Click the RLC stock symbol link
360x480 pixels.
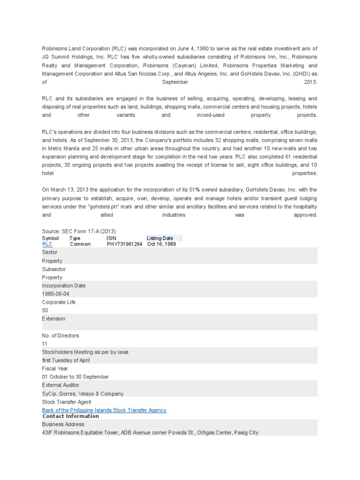point(47,244)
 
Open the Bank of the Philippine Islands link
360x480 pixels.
point(104,410)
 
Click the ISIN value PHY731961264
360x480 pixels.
point(124,244)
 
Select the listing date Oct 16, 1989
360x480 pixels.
point(162,244)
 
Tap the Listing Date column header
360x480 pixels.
point(160,238)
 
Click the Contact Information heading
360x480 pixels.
point(71,416)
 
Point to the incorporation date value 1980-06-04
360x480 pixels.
point(55,294)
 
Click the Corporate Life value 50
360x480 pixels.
point(45,310)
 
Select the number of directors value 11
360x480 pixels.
point(45,344)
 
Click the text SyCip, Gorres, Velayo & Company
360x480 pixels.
point(83,394)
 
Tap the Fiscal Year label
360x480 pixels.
point(55,368)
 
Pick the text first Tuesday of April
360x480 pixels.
point(66,360)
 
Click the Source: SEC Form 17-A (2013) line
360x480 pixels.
point(79,232)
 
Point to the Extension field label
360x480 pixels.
point(53,319)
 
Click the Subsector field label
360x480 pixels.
point(54,269)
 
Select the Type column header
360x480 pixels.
point(75,238)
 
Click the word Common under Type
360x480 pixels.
point(80,244)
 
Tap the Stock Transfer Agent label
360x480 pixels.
point(67,402)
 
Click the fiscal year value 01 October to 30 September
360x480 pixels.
point(75,377)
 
